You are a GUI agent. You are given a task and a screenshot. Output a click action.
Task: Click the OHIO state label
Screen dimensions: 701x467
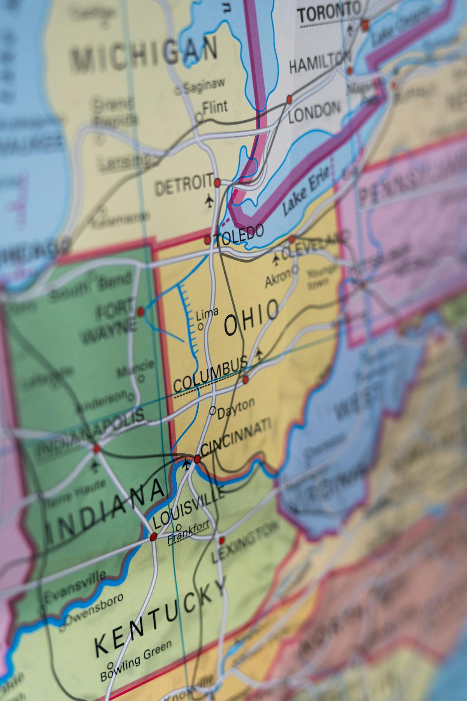coord(251,317)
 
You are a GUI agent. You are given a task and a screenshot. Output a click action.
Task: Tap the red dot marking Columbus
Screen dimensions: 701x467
coord(246,379)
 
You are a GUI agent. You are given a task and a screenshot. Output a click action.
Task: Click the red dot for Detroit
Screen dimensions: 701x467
coord(217,182)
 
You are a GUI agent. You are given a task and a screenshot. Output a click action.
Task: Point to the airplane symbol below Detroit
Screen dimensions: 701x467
coord(209,201)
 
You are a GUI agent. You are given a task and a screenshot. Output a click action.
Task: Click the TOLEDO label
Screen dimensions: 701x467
coord(239,234)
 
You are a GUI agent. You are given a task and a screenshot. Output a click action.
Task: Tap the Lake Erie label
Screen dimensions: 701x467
coord(306,190)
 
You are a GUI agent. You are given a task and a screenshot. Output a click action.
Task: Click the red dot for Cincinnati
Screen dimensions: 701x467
coord(197,459)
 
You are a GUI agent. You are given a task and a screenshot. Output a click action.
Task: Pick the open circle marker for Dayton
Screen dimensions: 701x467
coord(212,410)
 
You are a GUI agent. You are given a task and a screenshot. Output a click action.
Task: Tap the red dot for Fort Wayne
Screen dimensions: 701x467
coord(140,312)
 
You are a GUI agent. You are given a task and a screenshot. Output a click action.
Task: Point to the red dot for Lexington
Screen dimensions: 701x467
coord(222,540)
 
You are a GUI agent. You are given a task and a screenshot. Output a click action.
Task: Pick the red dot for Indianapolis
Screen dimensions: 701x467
coord(96,449)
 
